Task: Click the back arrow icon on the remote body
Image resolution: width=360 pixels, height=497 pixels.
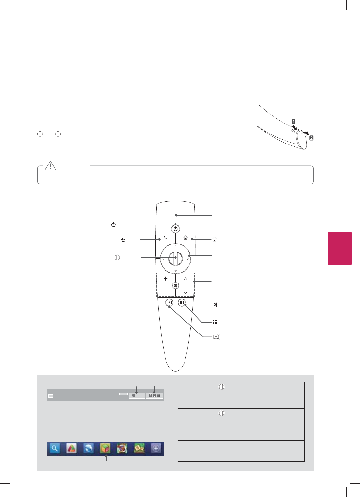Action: pos(165,237)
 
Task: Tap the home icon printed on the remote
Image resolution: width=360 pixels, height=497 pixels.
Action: pos(185,238)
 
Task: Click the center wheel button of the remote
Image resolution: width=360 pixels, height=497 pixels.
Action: pos(175,258)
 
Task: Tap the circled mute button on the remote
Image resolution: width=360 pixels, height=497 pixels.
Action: pos(175,285)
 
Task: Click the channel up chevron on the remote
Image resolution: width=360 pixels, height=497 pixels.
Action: pos(185,278)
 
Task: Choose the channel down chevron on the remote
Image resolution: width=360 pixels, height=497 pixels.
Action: pos(185,293)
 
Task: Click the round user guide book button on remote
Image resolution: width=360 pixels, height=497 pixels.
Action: pos(169,303)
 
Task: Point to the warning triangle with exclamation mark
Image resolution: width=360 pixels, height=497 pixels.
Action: pos(50,166)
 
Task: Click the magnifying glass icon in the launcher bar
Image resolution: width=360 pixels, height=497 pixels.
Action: pos(55,448)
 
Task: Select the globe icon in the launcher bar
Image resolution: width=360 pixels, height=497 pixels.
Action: pos(88,448)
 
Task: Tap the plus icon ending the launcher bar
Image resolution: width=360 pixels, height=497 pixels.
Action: pos(156,448)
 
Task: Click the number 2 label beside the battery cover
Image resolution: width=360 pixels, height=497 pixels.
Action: pos(311,138)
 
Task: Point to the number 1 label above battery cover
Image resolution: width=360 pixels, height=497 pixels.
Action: pos(294,122)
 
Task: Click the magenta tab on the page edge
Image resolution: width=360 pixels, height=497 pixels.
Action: pos(340,248)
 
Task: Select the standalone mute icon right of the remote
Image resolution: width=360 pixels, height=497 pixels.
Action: pos(215,304)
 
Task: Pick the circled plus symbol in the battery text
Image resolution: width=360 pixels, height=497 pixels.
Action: pos(40,134)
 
